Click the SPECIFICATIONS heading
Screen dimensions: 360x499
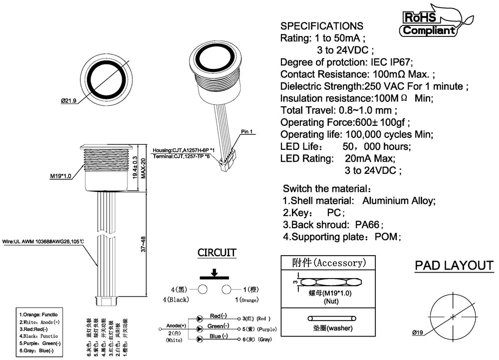click(322, 26)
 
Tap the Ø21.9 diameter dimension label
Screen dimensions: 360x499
click(68, 101)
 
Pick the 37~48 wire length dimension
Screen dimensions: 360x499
click(143, 244)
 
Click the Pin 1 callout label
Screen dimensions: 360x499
click(248, 132)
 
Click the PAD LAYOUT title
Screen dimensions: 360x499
click(454, 266)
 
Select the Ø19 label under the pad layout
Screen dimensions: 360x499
click(418, 333)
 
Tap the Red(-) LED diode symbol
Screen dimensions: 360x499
click(200, 318)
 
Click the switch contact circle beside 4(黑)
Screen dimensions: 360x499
click(203, 289)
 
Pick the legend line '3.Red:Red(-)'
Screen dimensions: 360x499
click(34, 329)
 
